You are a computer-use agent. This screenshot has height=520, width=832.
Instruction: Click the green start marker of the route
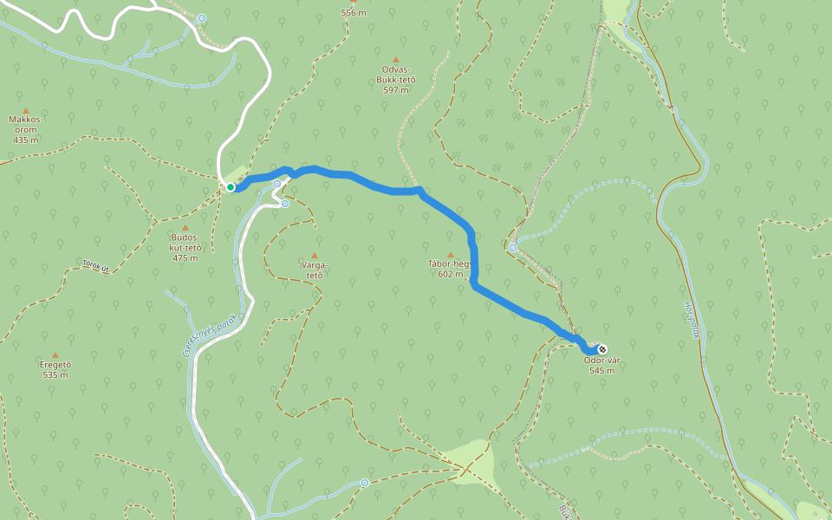[x=231, y=186]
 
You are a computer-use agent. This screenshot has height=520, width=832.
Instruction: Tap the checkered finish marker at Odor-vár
[x=602, y=349]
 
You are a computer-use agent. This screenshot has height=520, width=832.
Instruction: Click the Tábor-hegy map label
[x=449, y=263]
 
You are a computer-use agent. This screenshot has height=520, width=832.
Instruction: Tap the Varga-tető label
[x=313, y=270]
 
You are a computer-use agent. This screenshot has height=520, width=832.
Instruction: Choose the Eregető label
[x=55, y=365]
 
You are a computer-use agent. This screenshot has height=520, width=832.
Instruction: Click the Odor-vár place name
[x=601, y=361]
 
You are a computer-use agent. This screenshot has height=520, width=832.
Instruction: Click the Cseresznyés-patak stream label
[x=209, y=335]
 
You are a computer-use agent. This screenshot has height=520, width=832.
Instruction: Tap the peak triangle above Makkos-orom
[x=26, y=111]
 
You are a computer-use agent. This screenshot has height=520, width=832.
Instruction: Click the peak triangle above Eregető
[x=55, y=354]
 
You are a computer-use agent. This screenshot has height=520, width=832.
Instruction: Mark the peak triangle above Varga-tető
[x=314, y=256]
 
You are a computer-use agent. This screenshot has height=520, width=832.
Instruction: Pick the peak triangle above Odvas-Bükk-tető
[x=396, y=60]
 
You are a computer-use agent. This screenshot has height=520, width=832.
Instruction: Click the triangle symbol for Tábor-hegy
[x=450, y=254]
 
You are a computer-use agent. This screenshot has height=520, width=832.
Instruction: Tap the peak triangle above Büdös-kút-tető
[x=185, y=228]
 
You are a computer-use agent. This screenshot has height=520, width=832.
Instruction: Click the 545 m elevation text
[x=601, y=371]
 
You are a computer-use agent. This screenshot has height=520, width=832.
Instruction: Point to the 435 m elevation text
[x=26, y=140]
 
